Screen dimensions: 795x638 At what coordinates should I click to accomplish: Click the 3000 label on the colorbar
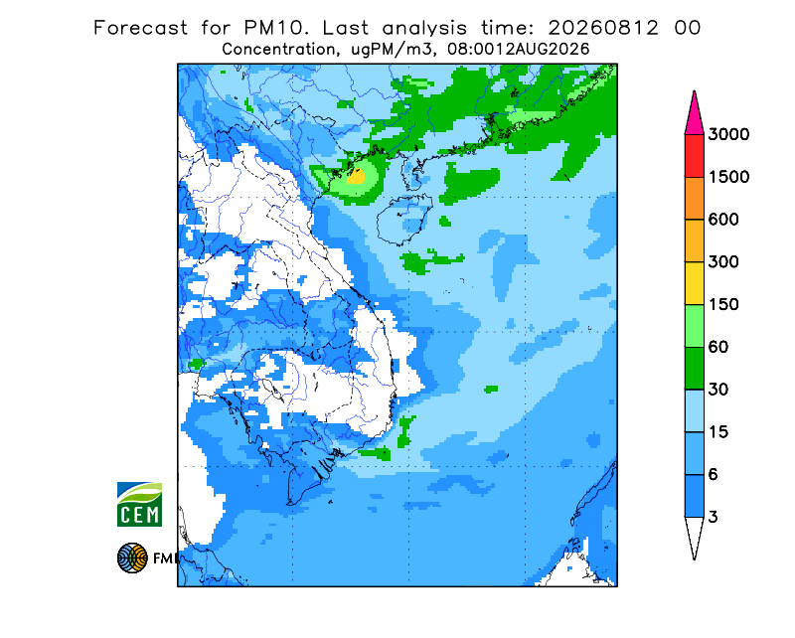coord(728,134)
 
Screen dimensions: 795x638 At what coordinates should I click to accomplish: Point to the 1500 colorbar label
coord(728,177)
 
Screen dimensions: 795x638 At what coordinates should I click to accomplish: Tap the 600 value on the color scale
coord(723,220)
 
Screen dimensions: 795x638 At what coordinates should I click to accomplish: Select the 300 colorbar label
coord(723,262)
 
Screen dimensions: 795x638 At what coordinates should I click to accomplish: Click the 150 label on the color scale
coord(723,305)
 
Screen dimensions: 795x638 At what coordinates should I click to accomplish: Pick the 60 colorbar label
coord(718,348)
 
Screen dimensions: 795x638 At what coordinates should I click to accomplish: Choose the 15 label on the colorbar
coord(718,432)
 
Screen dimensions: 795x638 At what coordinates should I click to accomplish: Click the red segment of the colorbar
coord(694,156)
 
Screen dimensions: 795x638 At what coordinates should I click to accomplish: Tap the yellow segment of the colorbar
coord(694,283)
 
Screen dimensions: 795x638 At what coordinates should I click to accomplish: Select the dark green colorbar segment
coord(694,369)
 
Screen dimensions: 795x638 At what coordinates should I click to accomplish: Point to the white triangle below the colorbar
coord(694,536)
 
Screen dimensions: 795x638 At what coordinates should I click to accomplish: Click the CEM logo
coord(139,505)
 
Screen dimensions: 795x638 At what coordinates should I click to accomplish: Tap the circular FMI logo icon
coord(132,558)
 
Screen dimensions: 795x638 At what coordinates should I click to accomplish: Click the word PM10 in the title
coord(276,28)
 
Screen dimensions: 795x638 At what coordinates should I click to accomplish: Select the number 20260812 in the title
coord(603,28)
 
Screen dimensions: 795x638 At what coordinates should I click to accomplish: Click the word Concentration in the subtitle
coord(278,50)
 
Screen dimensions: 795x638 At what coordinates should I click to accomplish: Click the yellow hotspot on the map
coord(356,177)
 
